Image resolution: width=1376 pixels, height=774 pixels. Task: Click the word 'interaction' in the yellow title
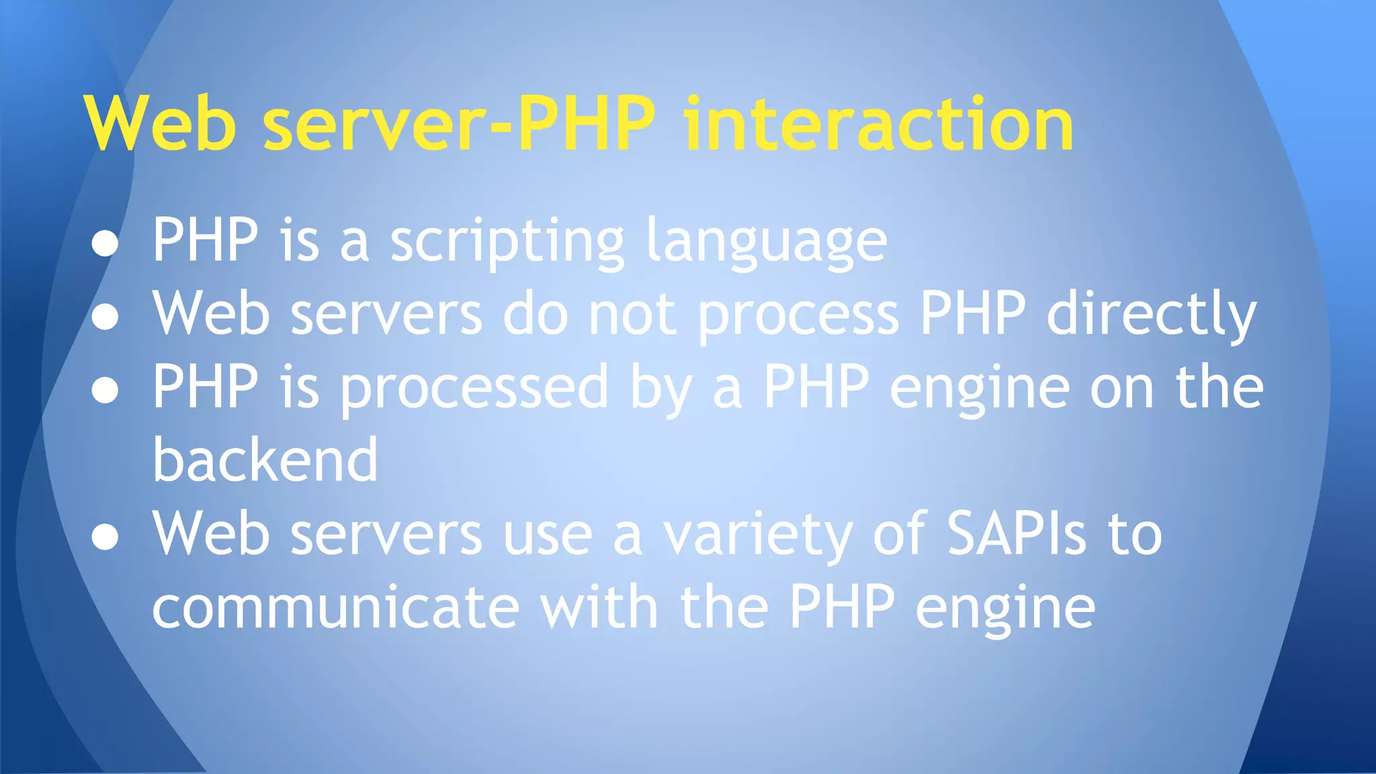pos(878,124)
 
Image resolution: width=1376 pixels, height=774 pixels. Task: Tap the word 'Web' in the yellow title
pos(161,124)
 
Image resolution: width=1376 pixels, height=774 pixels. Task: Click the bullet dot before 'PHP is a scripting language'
pos(105,243)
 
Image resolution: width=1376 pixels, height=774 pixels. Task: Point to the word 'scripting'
pos(507,242)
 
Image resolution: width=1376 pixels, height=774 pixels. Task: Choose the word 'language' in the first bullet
pos(767,242)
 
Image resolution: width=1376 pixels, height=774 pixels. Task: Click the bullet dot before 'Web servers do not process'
pos(105,316)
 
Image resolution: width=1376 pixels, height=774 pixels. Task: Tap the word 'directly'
pos(1152,315)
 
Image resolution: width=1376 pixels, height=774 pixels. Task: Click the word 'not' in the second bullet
pos(632,314)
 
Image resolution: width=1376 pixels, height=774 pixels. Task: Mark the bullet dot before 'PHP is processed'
pos(105,390)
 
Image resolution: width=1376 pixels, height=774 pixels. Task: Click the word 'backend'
pos(265,460)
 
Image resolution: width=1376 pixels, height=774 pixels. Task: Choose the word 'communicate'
pos(336,607)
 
